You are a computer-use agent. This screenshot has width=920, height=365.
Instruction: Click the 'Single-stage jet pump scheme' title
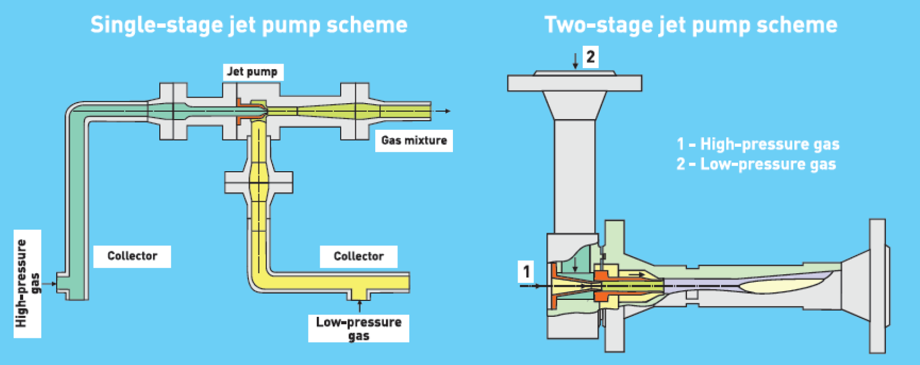click(249, 26)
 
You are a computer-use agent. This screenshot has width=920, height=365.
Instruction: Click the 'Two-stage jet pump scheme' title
click(690, 26)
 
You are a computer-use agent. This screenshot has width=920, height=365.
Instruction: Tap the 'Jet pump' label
click(252, 72)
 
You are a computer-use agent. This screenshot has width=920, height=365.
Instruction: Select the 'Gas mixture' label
click(414, 141)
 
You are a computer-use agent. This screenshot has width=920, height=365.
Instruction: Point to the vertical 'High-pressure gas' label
click(27, 283)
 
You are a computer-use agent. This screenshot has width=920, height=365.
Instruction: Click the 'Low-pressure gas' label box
click(358, 329)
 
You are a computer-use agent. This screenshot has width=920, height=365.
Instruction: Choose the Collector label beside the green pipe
click(132, 256)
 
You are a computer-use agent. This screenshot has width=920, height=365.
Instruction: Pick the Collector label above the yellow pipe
click(358, 257)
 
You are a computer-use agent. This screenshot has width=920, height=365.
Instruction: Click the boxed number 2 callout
click(591, 57)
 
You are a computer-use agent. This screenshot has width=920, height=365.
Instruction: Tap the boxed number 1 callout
click(527, 271)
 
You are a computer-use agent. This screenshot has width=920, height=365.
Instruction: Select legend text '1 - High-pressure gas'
click(758, 144)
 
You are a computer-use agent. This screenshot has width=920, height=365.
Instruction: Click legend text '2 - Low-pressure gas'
click(756, 164)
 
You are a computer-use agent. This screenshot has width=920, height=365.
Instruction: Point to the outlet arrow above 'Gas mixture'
click(444, 111)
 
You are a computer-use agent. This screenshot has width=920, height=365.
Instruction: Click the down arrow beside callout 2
click(575, 60)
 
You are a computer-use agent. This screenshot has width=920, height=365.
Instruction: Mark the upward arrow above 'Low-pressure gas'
click(359, 305)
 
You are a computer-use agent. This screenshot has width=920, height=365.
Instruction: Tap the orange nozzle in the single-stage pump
click(245, 112)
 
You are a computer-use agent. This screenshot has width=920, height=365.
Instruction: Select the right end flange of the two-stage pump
click(877, 286)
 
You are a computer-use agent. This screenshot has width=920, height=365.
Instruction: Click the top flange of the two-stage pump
click(574, 82)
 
